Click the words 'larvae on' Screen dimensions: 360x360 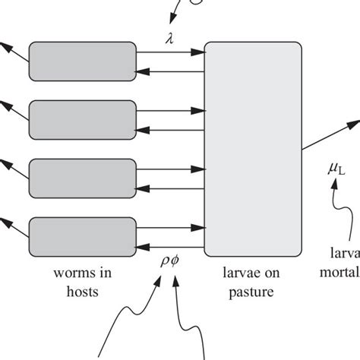(254, 272)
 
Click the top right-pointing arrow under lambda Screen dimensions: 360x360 (171, 52)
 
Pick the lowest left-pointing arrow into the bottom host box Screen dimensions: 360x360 (171, 245)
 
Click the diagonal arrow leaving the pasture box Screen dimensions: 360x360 (330, 135)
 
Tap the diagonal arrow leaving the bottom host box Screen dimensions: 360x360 (13, 226)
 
